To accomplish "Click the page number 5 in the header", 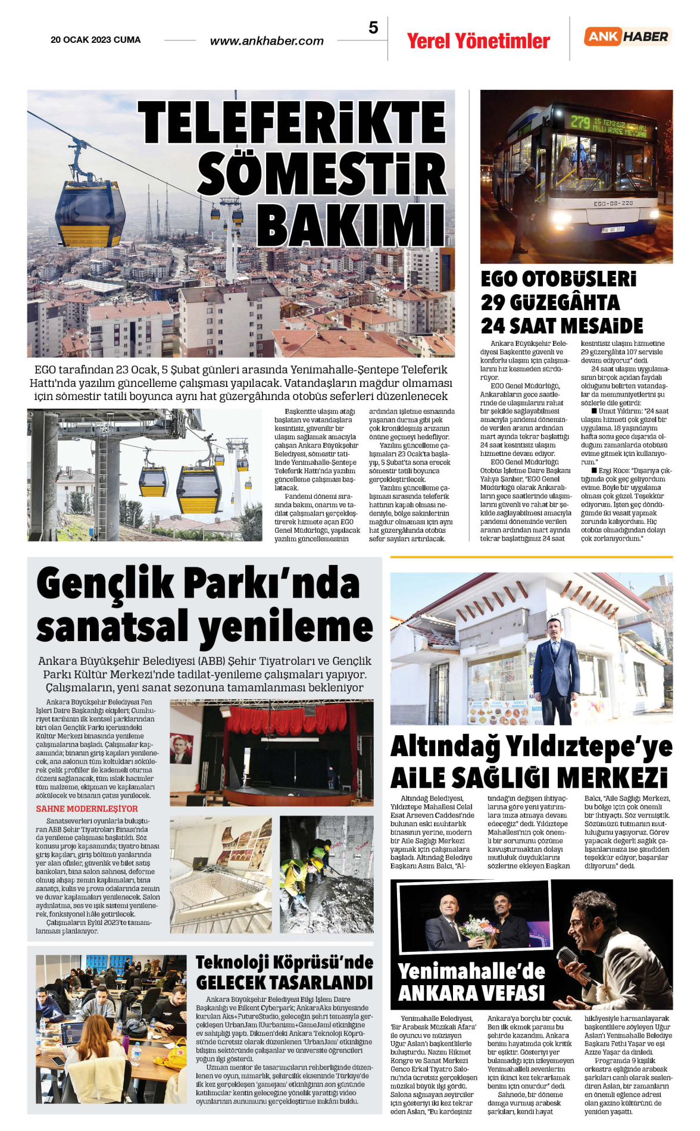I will coord(373,28).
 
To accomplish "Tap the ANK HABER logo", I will coord(627,36).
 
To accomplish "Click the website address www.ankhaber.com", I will coord(267,41).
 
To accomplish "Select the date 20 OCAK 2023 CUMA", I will coord(96,40).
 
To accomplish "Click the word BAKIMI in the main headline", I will coord(351,226).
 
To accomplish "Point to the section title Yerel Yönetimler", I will coord(478,41).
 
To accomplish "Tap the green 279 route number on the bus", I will coord(580,122).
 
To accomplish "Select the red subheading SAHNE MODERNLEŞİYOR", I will coord(87,809).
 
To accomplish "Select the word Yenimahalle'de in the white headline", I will coord(471,971).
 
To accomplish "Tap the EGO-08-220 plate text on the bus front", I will coord(613,204).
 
